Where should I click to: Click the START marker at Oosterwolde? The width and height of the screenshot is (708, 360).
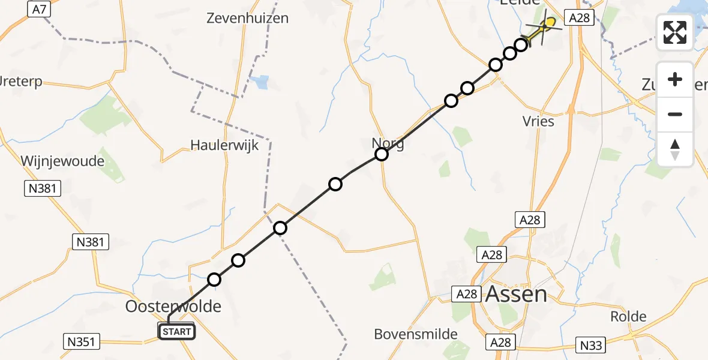click(176, 331)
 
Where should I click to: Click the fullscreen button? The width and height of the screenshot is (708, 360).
click(675, 32)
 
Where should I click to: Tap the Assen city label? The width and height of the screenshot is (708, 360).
click(516, 295)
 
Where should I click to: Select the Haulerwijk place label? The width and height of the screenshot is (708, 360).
click(224, 145)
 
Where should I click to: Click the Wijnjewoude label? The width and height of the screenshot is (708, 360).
click(62, 161)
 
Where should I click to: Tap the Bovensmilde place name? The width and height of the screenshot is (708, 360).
click(416, 334)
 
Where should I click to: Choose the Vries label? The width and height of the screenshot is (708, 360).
click(538, 121)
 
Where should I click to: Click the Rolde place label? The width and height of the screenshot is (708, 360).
click(628, 316)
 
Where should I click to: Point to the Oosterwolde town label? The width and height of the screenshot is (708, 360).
click(173, 307)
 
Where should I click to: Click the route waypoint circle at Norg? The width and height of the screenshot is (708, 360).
click(382, 154)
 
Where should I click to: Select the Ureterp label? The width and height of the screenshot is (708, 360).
click(21, 82)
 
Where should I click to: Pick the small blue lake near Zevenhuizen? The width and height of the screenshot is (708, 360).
click(262, 82)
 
